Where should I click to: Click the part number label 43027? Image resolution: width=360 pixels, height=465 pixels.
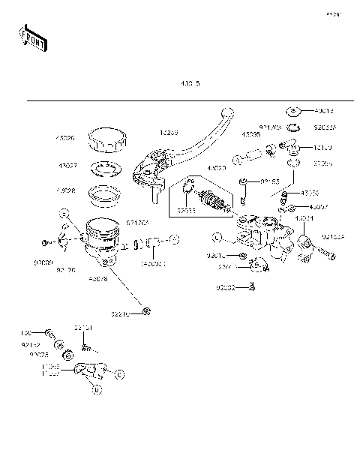tap(66, 166)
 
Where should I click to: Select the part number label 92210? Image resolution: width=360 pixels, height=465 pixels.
tap(122, 314)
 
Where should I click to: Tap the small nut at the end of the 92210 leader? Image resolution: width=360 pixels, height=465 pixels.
tap(147, 311)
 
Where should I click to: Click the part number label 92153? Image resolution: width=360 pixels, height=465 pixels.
tap(270, 181)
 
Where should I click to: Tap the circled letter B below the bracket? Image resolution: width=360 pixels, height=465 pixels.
tap(95, 388)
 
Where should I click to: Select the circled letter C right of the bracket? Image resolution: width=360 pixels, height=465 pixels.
tap(120, 373)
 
